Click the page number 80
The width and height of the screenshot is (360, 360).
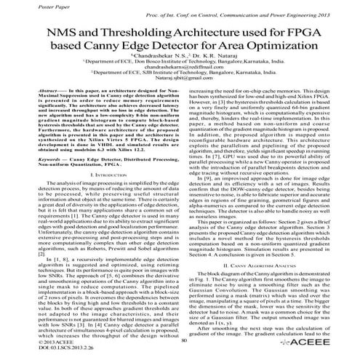[x=183, y=342]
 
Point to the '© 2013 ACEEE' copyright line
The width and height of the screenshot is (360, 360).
[x=24, y=342]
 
